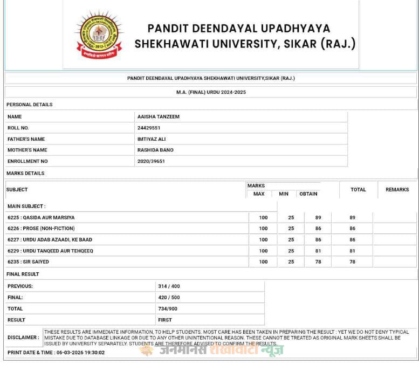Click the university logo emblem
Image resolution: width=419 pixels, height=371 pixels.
99,36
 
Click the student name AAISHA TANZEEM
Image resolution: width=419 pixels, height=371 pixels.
159,116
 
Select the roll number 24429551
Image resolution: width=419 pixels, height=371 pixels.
149,128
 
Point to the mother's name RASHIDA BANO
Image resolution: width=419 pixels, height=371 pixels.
155,150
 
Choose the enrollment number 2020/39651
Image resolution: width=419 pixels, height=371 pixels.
151,161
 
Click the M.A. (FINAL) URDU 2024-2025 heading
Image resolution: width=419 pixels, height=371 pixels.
211,92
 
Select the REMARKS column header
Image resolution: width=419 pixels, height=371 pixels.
397,190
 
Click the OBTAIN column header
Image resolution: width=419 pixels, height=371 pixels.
308,194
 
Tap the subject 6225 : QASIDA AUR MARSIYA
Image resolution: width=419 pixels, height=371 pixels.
41,217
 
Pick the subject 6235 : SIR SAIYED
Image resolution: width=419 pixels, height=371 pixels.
28,262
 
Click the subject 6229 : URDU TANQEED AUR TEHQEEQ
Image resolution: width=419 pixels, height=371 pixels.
50,251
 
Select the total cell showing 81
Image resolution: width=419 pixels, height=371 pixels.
352,251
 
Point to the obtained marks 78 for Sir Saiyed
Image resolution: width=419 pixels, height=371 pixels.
318,262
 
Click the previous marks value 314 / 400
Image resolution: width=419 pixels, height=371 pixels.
169,286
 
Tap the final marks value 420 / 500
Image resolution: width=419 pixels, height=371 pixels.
169,297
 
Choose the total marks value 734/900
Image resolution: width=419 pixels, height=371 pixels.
168,308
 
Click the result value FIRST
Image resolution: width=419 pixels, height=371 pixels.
164,320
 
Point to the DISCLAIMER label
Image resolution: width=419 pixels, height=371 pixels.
23,338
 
